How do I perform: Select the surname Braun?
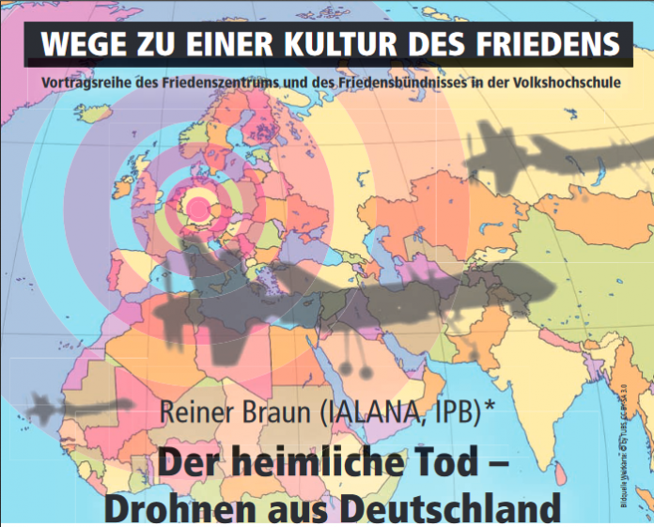pyautogui.click(x=277, y=411)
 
